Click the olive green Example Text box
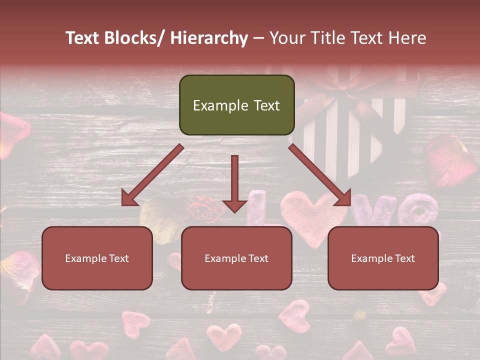coord(236,105)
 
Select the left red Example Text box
coord(97,258)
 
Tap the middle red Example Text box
coord(236,258)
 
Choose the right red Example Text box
coord(383,258)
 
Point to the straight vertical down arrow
coord(234,182)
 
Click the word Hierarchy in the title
coord(209,38)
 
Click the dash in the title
coord(258,38)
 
